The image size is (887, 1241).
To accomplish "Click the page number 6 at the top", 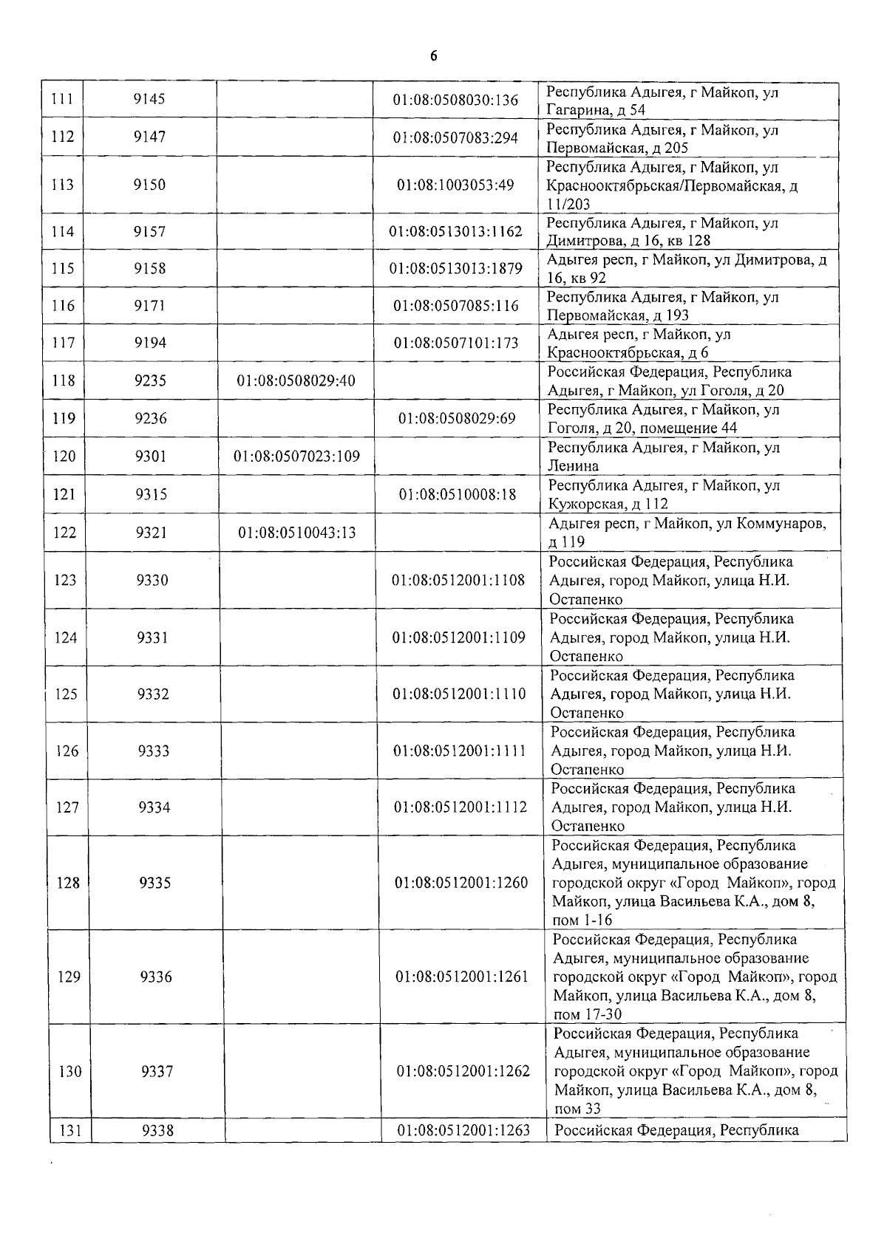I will coord(435,57).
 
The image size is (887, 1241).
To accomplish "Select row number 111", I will coord(62,100).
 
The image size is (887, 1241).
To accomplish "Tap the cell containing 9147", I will coord(149,137).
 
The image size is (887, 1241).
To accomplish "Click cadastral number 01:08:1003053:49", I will coord(455,185).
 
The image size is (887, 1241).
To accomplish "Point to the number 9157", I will coord(150,231).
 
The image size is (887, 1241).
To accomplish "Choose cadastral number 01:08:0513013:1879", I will coord(456,268).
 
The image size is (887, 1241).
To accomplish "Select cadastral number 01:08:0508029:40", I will coord(296,381).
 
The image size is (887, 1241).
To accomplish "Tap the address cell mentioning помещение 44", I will coord(663,419).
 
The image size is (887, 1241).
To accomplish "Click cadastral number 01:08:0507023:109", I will coord(296,457).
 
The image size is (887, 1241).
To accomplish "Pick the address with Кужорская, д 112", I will coord(663,494).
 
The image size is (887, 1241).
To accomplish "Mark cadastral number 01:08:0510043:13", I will coord(296,532).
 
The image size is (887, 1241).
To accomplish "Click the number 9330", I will coord(152,581).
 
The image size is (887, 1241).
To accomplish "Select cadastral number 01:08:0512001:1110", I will coord(459,694).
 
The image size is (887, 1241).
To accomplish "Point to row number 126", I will coord(67,751).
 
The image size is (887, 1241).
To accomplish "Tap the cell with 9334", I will coord(154,807).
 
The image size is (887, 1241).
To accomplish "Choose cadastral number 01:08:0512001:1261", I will coord(462,977).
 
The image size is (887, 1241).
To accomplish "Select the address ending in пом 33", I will coord(695,1071).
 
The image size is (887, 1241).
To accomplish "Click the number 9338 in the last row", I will coord(157,1130).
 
